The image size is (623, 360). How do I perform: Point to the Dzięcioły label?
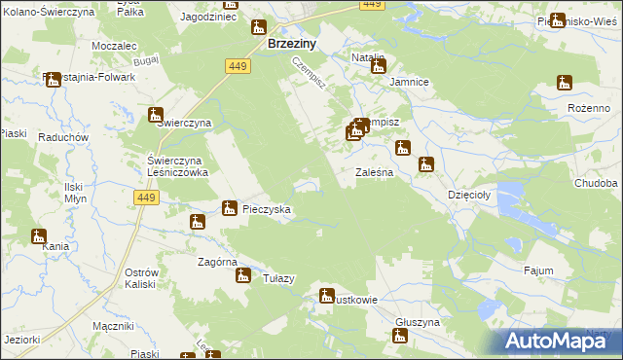click(x=472, y=194)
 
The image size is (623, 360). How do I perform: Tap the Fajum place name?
click(x=537, y=270)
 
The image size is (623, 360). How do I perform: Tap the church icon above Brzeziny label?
click(x=258, y=27)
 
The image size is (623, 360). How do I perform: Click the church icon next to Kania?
click(x=39, y=235)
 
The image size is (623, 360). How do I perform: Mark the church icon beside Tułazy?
click(x=242, y=276)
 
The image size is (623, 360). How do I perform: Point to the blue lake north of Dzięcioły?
click(x=513, y=198)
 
